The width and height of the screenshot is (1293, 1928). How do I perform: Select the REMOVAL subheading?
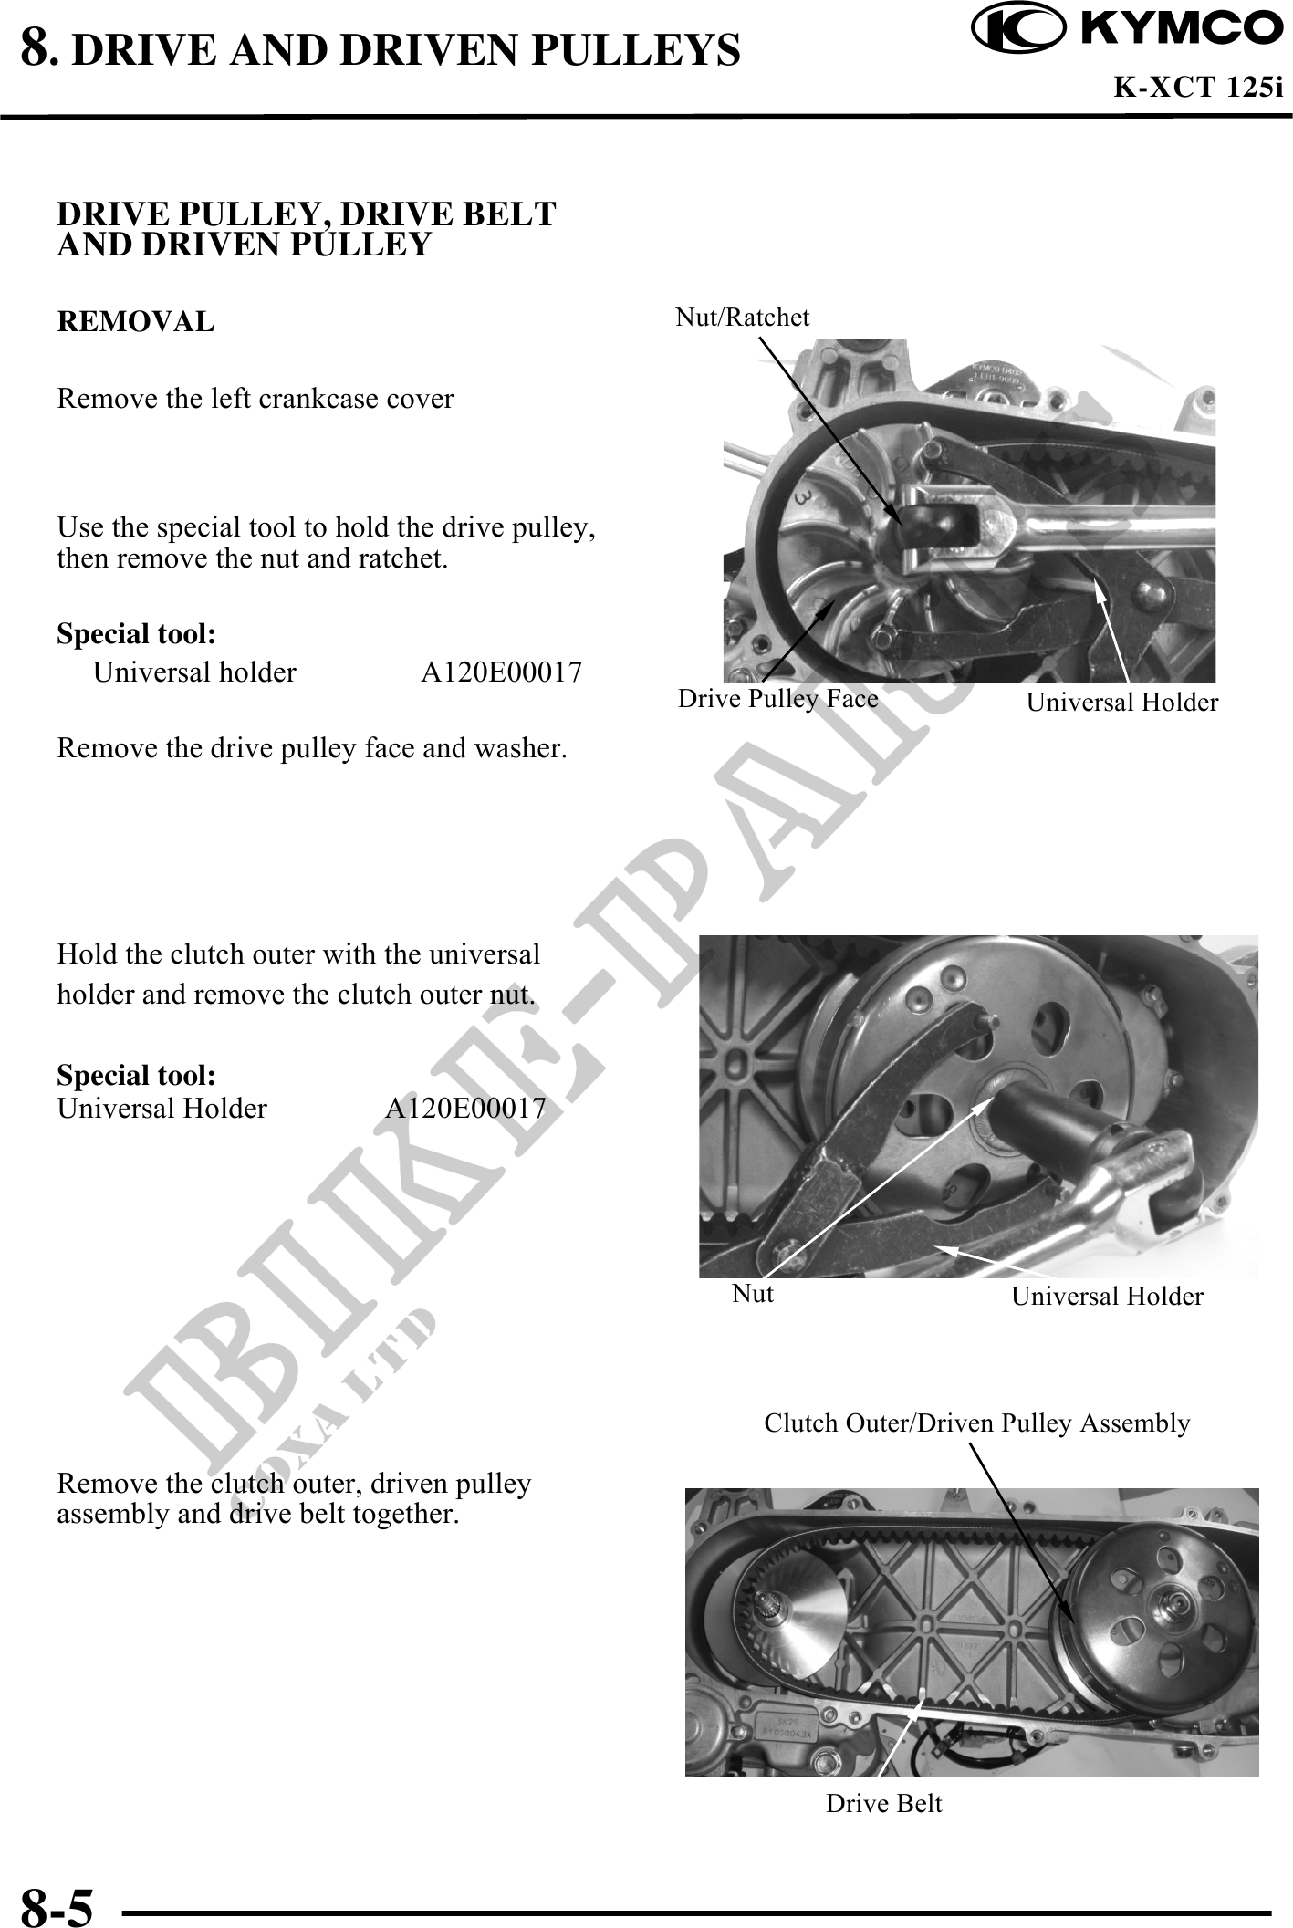(136, 322)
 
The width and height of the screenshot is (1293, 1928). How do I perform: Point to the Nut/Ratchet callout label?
(742, 318)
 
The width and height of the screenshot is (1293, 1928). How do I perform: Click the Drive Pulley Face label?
(777, 699)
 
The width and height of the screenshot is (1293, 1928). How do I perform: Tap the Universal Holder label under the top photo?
(1121, 702)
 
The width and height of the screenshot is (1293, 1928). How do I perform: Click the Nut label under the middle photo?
(753, 1293)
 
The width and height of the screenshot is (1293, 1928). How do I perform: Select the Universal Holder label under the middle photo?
(1107, 1296)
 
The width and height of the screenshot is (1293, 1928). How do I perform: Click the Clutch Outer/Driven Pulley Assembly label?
(976, 1423)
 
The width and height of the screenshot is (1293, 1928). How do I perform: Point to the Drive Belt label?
(883, 1803)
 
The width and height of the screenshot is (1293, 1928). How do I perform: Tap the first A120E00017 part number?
(501, 673)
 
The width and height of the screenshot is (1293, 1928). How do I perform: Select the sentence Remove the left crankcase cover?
(255, 399)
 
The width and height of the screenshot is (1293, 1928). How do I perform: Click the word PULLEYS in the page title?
(634, 51)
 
